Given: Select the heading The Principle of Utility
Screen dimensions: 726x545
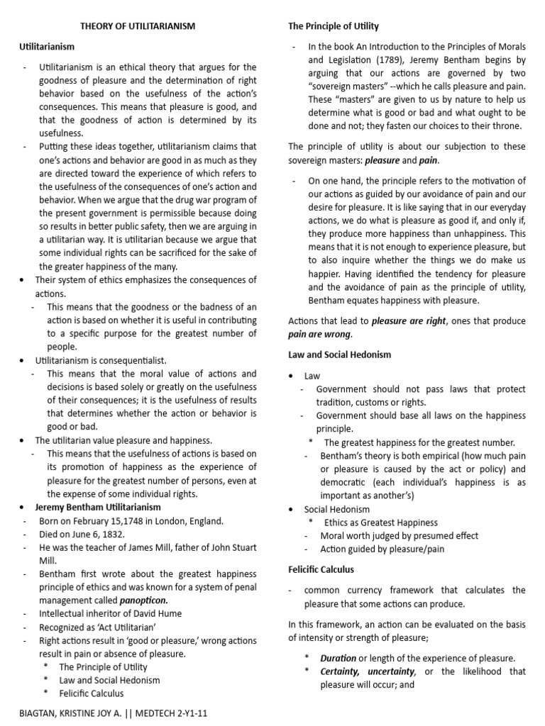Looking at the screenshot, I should point(333,26).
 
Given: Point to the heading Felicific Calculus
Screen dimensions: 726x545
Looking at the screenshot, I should point(321,569).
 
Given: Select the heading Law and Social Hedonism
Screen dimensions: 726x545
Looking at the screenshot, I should point(339,354).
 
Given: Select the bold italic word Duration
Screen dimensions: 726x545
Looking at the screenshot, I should point(339,658).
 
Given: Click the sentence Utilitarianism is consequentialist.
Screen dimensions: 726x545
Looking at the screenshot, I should point(101,360).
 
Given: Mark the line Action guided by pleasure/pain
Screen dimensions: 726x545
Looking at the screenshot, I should point(372,549).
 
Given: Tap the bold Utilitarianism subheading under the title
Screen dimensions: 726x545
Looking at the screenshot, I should point(46,46).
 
